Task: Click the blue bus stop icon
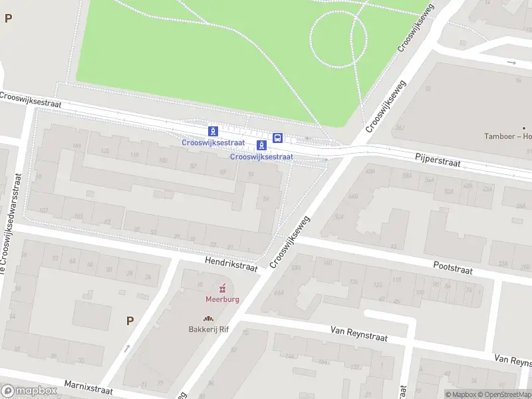[278, 138]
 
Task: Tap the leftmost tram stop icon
[213, 131]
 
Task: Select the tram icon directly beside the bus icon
[261, 144]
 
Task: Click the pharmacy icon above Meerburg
[223, 287]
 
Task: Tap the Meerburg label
[222, 299]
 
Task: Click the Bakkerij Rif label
[209, 329]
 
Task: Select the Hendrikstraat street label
[231, 265]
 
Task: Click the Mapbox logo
[29, 391]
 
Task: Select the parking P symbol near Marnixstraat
[130, 321]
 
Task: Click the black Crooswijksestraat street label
[31, 100]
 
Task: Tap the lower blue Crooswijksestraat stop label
[261, 157]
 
